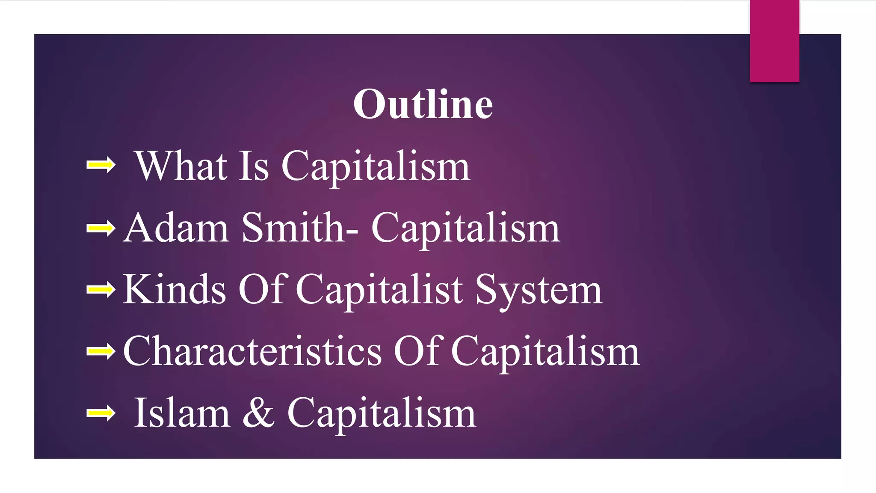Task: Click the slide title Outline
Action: [x=423, y=104]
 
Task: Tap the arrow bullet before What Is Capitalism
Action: [x=101, y=165]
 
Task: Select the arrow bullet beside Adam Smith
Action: [x=101, y=228]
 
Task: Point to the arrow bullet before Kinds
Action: [x=101, y=290]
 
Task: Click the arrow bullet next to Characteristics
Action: [x=101, y=352]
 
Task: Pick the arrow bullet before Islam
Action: [x=101, y=413]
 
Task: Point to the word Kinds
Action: [x=175, y=290]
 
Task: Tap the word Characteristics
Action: [x=252, y=352]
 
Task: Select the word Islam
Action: [x=182, y=413]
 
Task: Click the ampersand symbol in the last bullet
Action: [x=258, y=413]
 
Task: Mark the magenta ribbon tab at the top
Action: [x=774, y=41]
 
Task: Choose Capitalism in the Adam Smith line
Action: [x=465, y=229]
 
